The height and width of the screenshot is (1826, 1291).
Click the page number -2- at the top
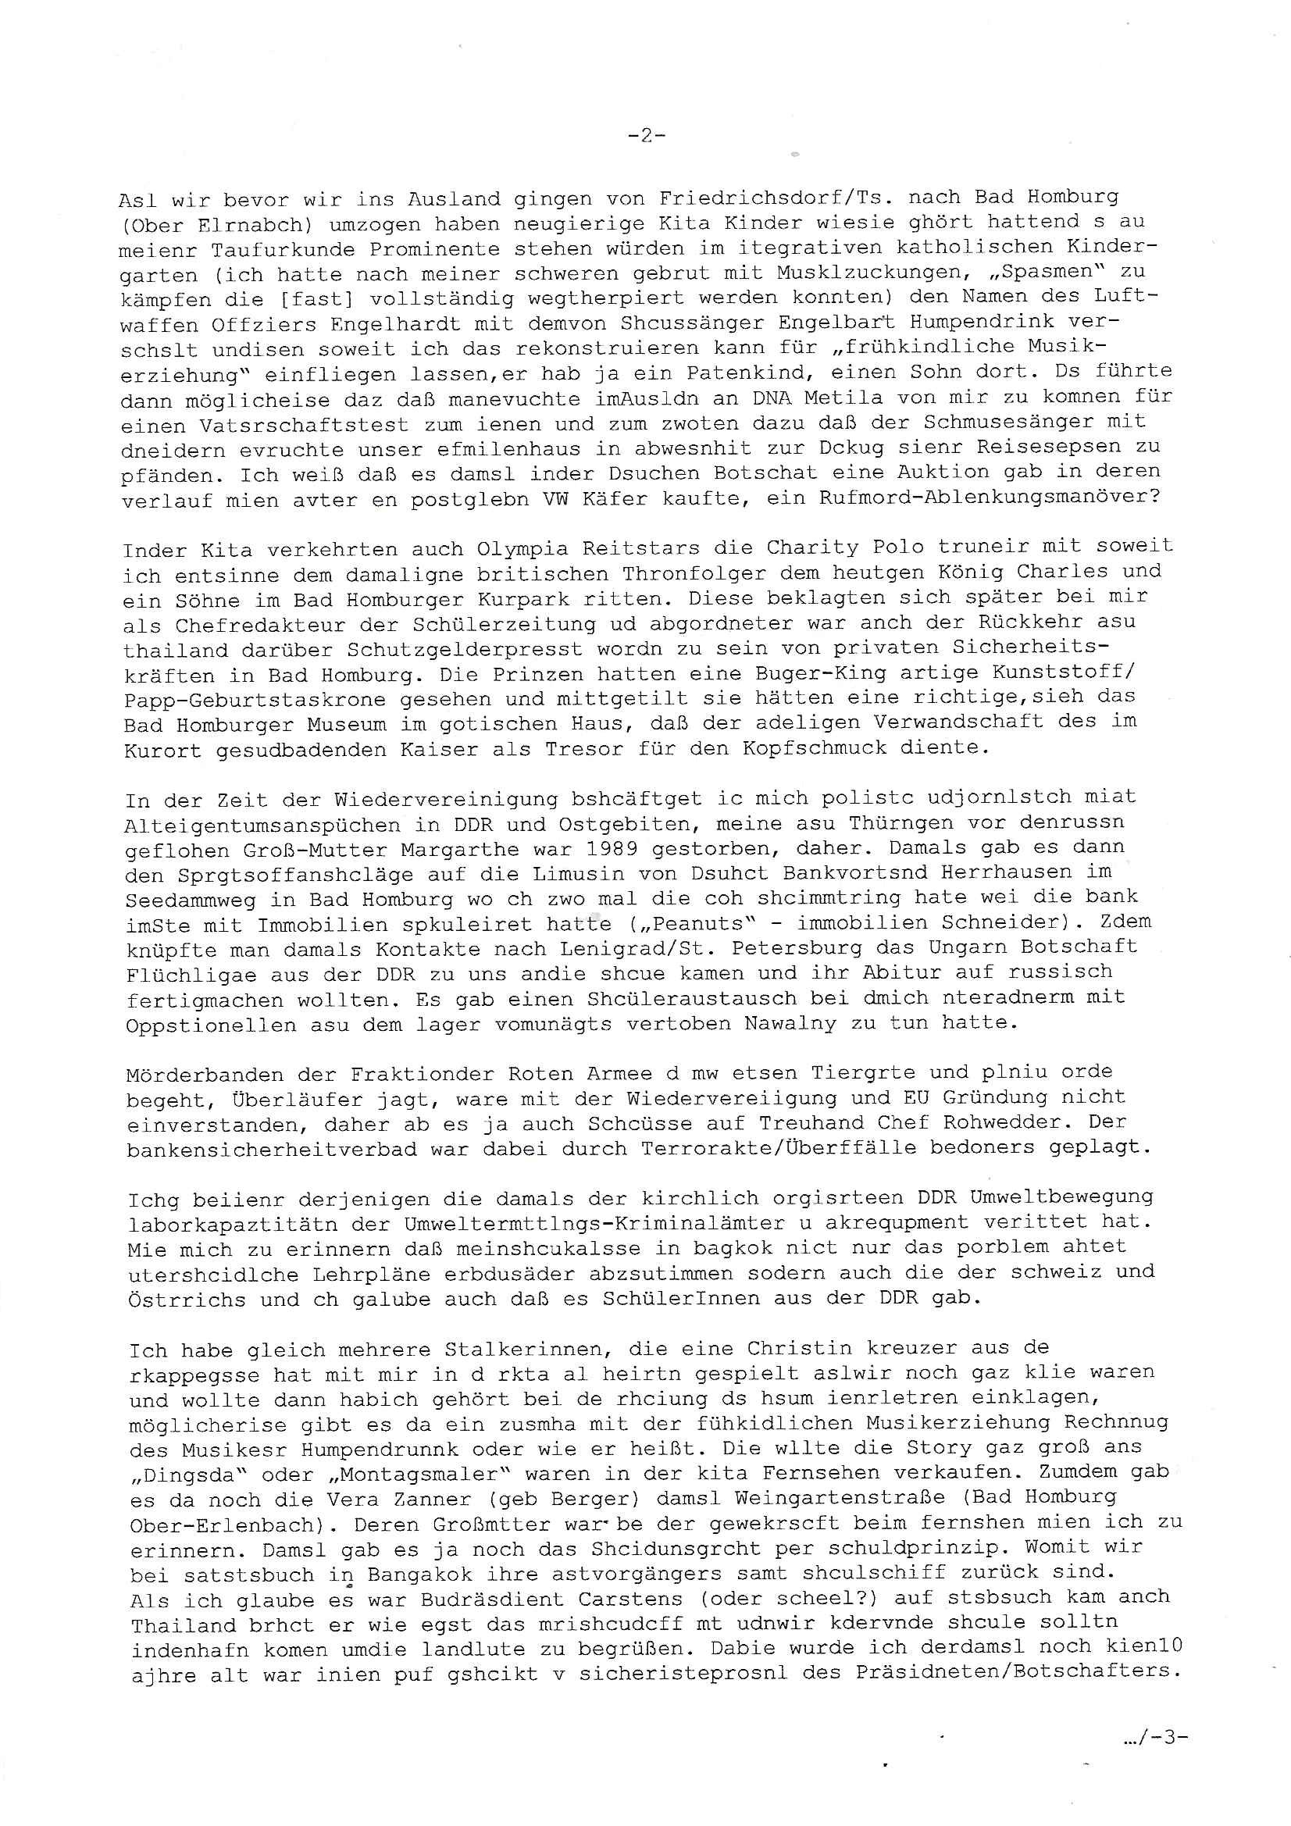click(646, 136)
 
